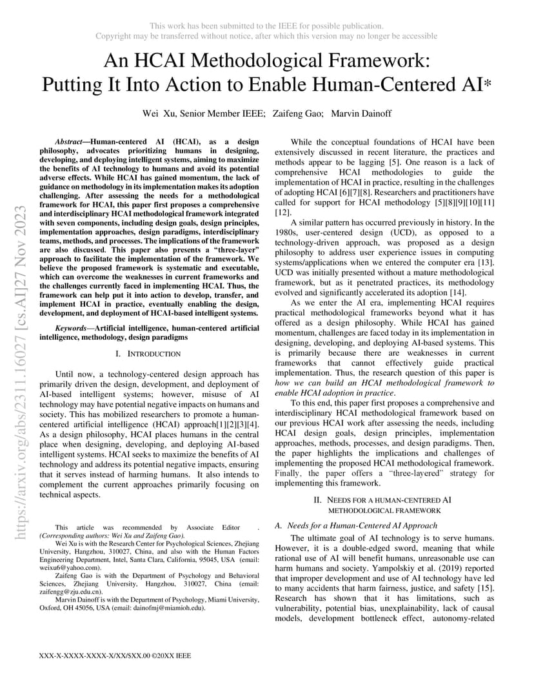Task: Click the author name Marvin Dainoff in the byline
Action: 361,113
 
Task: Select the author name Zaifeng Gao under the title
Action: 297,113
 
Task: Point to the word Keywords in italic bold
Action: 71,329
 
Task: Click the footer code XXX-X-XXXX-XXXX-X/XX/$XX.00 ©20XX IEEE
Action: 115,656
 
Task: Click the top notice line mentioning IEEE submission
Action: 266,26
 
